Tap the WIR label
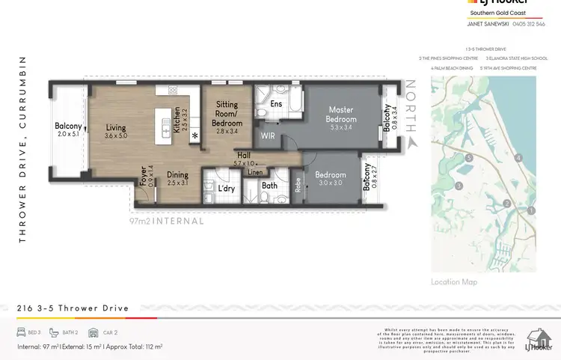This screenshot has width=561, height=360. pyautogui.click(x=268, y=136)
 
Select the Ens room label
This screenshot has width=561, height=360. pyautogui.click(x=276, y=104)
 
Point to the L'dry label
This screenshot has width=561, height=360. pyautogui.click(x=227, y=189)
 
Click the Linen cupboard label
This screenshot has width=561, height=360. pyautogui.click(x=256, y=172)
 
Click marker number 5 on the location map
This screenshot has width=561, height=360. pyautogui.click(x=468, y=158)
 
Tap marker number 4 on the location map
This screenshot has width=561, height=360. pyautogui.click(x=518, y=158)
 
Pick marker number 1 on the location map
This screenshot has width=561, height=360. pyautogui.click(x=531, y=210)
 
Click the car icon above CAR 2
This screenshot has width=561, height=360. pyautogui.click(x=93, y=332)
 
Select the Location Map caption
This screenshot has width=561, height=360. pyautogui.click(x=454, y=282)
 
